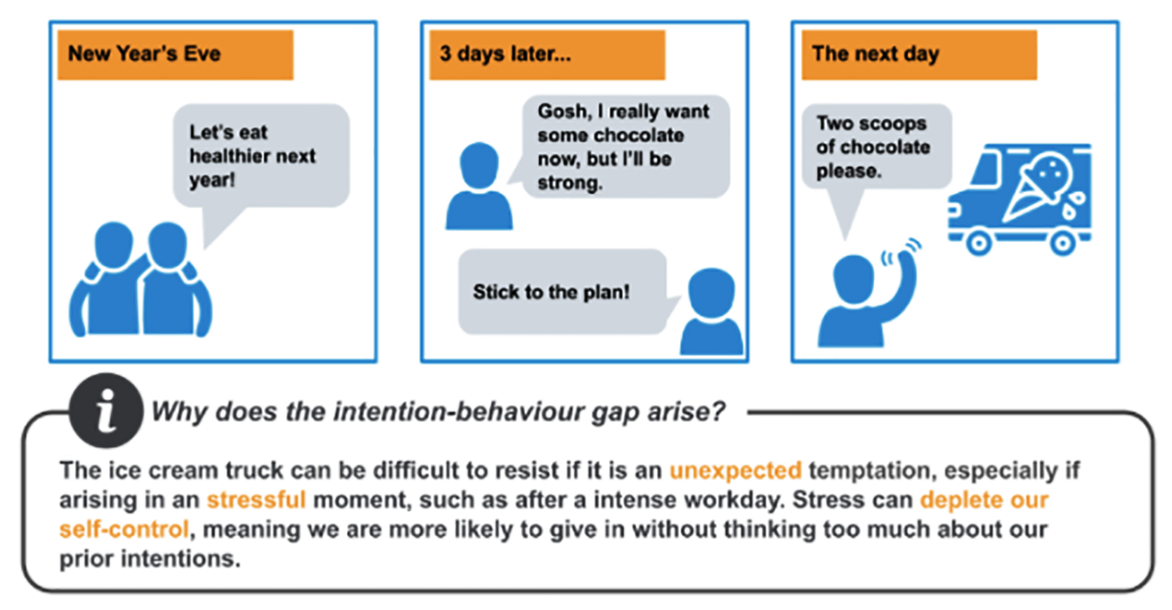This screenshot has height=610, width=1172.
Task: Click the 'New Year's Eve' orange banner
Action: (175, 55)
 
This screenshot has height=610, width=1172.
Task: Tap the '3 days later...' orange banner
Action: (547, 55)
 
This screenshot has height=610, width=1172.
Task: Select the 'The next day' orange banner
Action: (919, 55)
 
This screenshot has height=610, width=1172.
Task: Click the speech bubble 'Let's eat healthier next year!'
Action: (261, 156)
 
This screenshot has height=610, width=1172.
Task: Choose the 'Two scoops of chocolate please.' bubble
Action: (877, 146)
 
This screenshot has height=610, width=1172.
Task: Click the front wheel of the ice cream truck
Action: (979, 242)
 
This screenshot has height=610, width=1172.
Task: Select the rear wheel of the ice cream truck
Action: (1063, 242)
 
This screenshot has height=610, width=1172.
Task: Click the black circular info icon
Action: (106, 410)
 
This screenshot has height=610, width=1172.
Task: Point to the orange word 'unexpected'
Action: (735, 470)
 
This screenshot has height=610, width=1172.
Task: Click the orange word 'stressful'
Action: (256, 499)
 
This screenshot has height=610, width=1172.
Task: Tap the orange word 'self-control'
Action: (124, 529)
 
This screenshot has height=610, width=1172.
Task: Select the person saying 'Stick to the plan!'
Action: (712, 311)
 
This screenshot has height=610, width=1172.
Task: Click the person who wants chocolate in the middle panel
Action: (478, 185)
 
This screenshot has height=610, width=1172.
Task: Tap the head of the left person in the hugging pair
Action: (113, 245)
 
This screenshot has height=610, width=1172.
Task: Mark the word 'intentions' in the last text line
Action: (180, 559)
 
